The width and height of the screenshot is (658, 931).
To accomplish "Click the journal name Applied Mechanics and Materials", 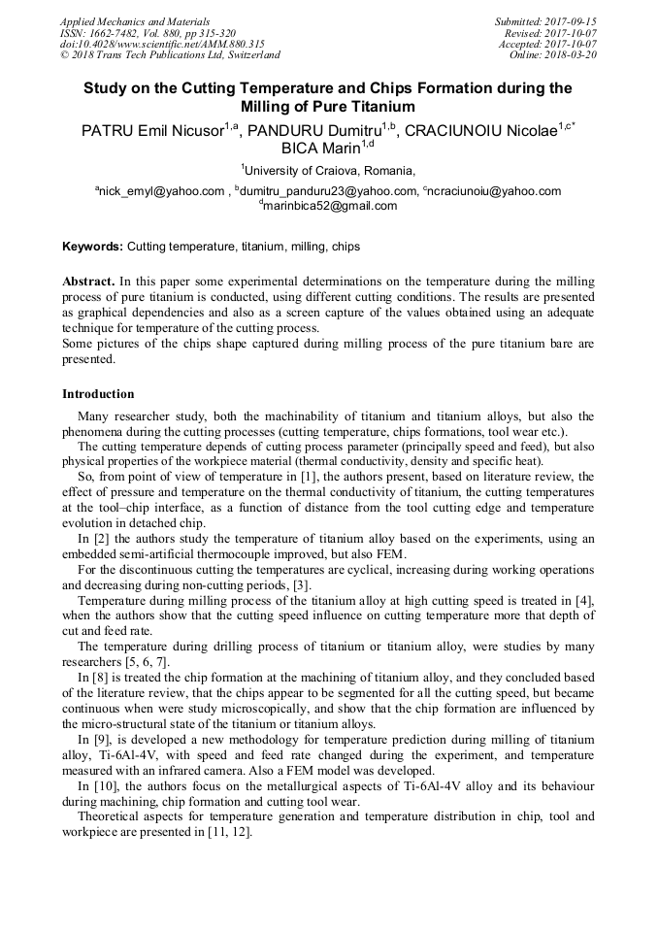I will click(x=135, y=21).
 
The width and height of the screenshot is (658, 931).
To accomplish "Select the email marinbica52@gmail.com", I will click(x=330, y=206).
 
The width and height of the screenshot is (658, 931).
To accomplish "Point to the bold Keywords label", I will click(x=92, y=247).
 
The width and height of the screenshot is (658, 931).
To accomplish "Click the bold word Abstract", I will click(x=89, y=281).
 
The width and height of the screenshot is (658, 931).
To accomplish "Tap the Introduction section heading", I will click(x=98, y=394).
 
